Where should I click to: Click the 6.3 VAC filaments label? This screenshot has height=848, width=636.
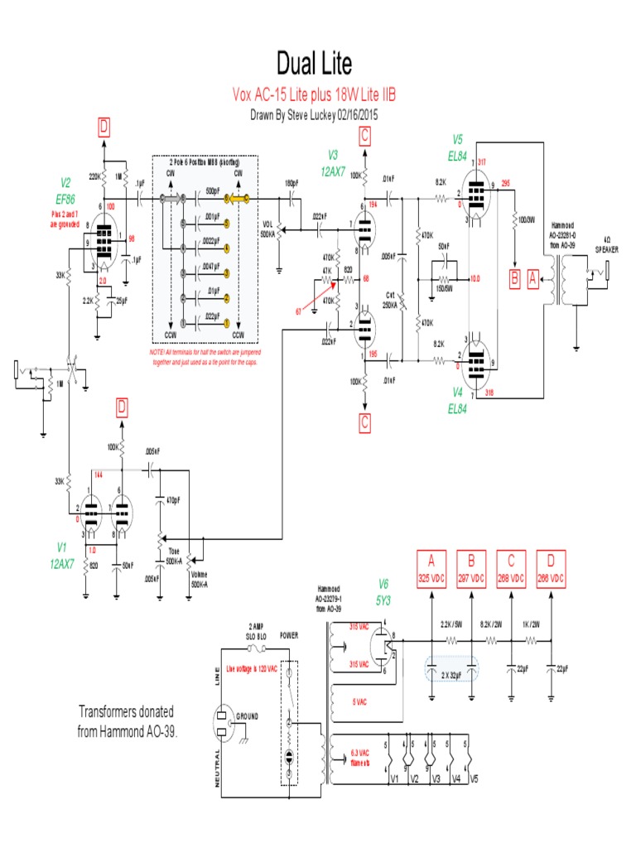click(360, 758)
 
